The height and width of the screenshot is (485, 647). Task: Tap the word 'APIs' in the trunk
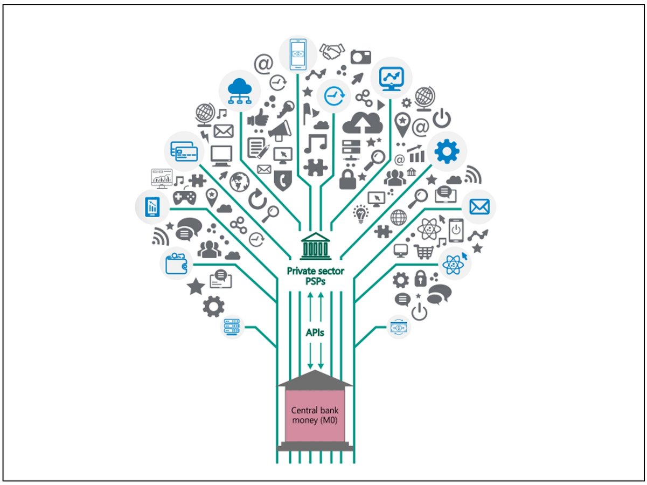(315, 333)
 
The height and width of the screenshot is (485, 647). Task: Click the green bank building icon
(316, 247)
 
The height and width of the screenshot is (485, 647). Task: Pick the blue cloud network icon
(240, 89)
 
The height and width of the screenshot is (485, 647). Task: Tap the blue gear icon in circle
(447, 151)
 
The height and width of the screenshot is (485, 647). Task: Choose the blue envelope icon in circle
(479, 206)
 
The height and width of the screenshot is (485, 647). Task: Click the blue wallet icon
(177, 264)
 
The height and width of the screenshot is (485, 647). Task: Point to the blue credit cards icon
(184, 151)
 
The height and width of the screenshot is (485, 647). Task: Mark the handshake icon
(332, 52)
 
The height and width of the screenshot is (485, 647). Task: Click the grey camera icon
(360, 57)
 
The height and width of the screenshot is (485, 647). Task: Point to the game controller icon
(184, 197)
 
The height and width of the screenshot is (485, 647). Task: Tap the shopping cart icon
(424, 251)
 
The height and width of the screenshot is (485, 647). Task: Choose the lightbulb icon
(359, 213)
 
